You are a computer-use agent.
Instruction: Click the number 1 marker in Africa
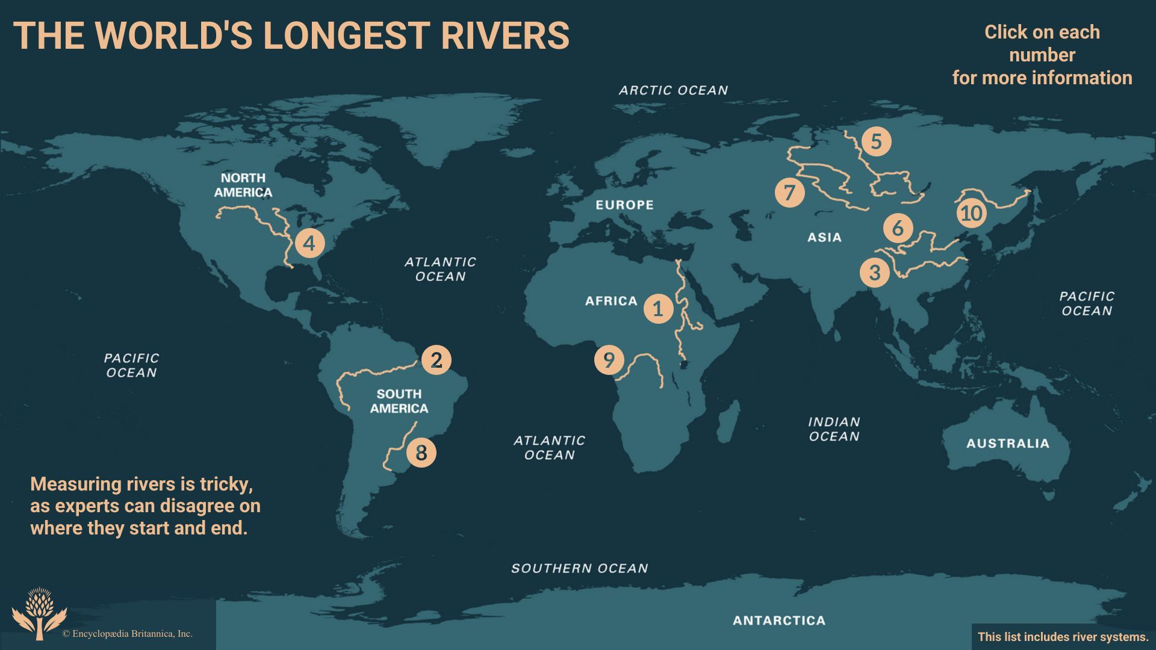pyautogui.click(x=658, y=309)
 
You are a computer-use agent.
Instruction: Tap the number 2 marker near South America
pyautogui.click(x=437, y=360)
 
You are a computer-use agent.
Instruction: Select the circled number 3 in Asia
pyautogui.click(x=875, y=272)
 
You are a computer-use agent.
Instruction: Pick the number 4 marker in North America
pyautogui.click(x=309, y=243)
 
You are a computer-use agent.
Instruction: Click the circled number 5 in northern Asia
pyautogui.click(x=876, y=141)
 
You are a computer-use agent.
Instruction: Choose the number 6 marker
pyautogui.click(x=898, y=228)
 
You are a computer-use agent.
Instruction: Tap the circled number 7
pyautogui.click(x=789, y=193)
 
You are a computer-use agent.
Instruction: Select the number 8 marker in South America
pyautogui.click(x=421, y=453)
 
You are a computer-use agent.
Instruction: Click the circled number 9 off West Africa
pyautogui.click(x=609, y=360)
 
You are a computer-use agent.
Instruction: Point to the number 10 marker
pyautogui.click(x=971, y=213)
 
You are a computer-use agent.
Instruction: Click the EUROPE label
pyautogui.click(x=624, y=205)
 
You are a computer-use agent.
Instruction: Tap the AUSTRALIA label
pyautogui.click(x=1007, y=444)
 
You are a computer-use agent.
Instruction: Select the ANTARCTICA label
pyautogui.click(x=778, y=621)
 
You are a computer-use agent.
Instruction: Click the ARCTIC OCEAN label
pyautogui.click(x=673, y=90)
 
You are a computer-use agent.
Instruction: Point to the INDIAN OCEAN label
pyautogui.click(x=834, y=429)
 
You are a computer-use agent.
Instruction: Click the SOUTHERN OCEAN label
pyautogui.click(x=579, y=568)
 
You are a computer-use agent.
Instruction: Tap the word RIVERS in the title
pyautogui.click(x=505, y=36)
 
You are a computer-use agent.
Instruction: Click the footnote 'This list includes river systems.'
pyautogui.click(x=1063, y=637)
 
